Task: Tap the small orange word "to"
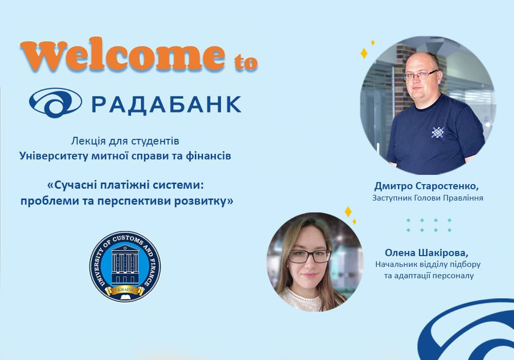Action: (246, 62)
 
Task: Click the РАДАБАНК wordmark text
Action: (167, 104)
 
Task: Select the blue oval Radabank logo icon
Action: (56, 103)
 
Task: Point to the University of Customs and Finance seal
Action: (125, 266)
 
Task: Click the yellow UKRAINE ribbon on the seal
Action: (125, 290)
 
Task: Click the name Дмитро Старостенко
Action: (426, 186)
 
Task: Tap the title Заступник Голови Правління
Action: (428, 198)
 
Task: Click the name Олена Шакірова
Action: (427, 253)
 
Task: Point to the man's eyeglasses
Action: (420, 75)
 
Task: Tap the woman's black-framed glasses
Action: (309, 256)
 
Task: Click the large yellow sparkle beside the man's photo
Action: (364, 53)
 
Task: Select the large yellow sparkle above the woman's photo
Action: (348, 211)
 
